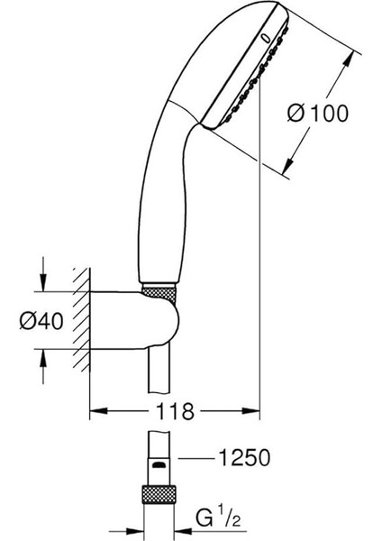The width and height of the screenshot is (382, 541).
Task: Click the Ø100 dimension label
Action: [x=317, y=114]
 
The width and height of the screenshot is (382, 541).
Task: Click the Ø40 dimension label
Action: [x=41, y=321]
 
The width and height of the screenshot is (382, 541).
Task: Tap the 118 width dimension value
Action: [x=175, y=411]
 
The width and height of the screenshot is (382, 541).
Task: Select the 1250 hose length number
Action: [x=244, y=458]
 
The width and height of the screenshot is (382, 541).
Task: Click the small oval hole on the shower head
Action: [x=266, y=38]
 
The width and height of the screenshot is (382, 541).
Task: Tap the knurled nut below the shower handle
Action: [x=159, y=293]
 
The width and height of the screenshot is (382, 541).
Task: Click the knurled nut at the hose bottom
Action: [x=159, y=495]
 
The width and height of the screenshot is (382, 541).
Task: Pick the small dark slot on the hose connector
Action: [x=159, y=465]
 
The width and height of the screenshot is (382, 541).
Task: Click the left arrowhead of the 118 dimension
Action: [x=98, y=411]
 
